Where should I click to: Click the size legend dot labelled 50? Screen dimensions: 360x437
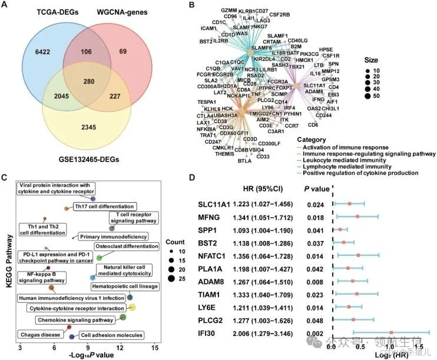(386, 95)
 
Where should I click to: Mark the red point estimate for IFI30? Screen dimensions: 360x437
(391, 332)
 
